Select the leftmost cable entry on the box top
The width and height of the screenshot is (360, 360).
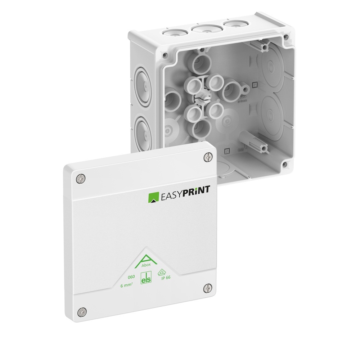[x=172, y=33]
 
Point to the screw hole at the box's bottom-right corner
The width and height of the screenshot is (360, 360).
[x=285, y=164]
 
